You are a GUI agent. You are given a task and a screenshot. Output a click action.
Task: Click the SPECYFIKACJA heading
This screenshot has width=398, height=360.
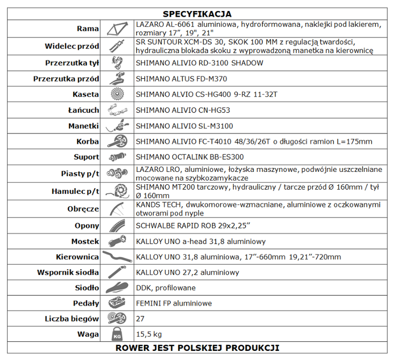coord(197,14)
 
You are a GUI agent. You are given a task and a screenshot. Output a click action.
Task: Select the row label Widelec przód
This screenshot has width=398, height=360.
coord(72,47)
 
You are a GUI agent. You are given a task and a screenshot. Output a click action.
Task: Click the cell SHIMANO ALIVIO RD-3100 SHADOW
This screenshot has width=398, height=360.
coord(199,63)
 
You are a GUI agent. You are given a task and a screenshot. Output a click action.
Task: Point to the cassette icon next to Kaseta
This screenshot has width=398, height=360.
coord(117,95)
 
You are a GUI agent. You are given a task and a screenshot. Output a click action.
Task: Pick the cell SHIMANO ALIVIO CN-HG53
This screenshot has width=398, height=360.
coord(183,110)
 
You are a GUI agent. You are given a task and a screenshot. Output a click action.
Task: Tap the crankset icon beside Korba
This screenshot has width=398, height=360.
coord(117,142)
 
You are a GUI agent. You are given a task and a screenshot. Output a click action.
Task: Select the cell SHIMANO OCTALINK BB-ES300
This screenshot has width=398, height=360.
coord(190,157)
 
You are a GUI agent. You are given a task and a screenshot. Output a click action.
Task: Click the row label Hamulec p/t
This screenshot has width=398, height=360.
coord(75,192)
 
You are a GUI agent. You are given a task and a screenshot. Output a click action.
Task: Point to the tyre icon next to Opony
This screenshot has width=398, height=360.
coord(117,226)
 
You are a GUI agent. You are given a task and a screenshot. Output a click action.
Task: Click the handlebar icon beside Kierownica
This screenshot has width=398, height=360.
coord(117,257)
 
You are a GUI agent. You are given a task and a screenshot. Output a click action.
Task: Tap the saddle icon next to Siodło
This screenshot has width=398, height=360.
coord(117,288)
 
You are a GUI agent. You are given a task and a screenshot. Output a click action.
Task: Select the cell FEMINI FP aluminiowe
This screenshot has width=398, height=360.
coord(174,303)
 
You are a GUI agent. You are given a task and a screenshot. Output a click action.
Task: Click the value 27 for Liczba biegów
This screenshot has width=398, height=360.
coord(140,319)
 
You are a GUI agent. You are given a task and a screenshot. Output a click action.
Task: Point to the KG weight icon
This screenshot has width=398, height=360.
coord(117,334)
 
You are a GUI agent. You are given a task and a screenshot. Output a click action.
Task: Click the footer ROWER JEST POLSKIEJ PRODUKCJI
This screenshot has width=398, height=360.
coord(197,348)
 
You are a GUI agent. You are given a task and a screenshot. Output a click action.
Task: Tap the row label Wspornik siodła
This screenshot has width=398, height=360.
coord(68,273)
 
